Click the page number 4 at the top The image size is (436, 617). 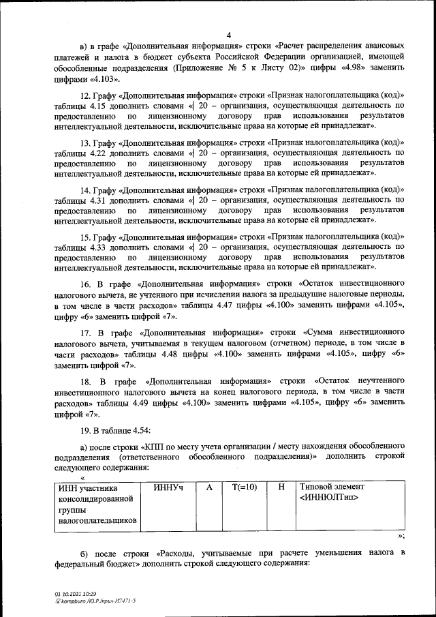pyautogui.click(x=229, y=35)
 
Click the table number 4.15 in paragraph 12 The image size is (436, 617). pyautogui.click(x=92, y=106)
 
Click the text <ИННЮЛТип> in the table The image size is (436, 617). pyautogui.click(x=328, y=498)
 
